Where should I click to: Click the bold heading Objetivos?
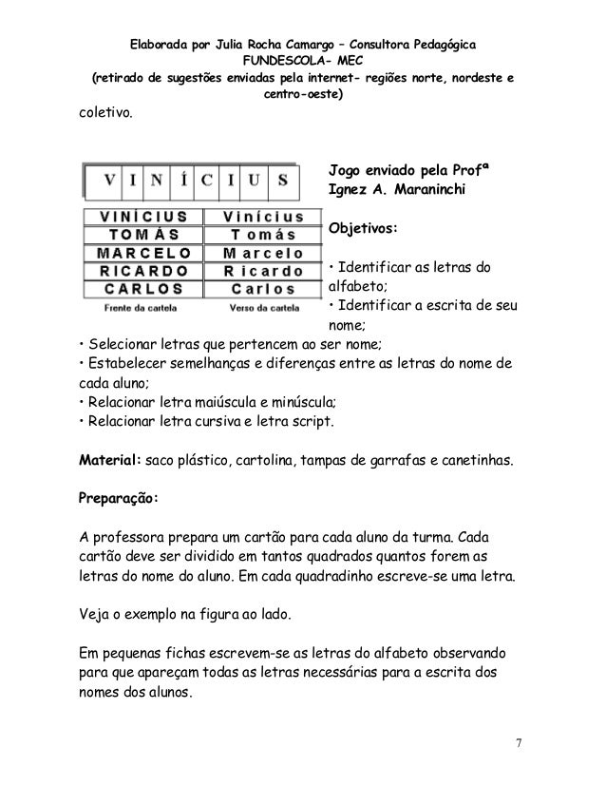362,229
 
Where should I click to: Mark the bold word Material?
110,461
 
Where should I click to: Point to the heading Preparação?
119,497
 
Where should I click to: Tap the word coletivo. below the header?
105,115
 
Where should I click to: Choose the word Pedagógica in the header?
441,44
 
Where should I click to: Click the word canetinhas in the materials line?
475,461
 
